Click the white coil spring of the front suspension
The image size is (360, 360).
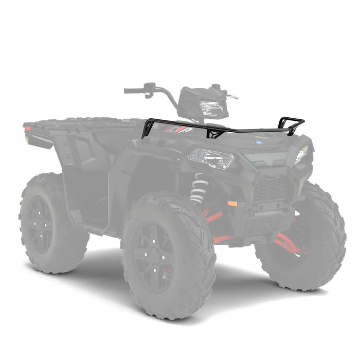pyautogui.click(x=199, y=188)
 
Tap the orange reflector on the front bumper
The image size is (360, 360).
pyautogui.click(x=232, y=204)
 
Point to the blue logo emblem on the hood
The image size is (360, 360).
pyautogui.click(x=259, y=142)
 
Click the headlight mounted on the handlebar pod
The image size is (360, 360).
pyautogui.click(x=211, y=107)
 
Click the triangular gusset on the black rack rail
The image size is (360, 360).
pyautogui.click(x=215, y=133)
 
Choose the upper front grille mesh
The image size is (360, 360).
pyautogui.click(x=271, y=189)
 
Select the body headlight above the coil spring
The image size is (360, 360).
pyautogui.click(x=211, y=158)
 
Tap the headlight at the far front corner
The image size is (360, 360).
pyautogui.click(x=301, y=154)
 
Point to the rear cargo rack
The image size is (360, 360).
pyautogui.click(x=82, y=123)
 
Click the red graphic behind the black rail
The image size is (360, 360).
pyautogui.click(x=177, y=129)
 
